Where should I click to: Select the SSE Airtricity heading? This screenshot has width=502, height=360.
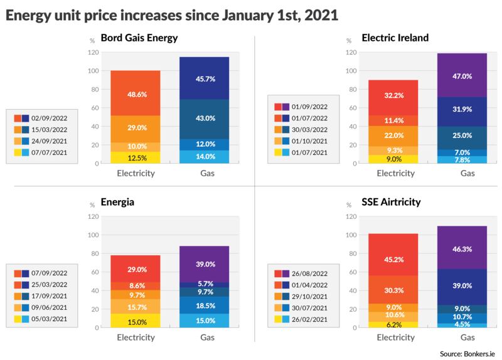tap(392, 203)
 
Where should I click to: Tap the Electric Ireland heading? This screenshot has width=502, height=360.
tap(395, 38)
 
